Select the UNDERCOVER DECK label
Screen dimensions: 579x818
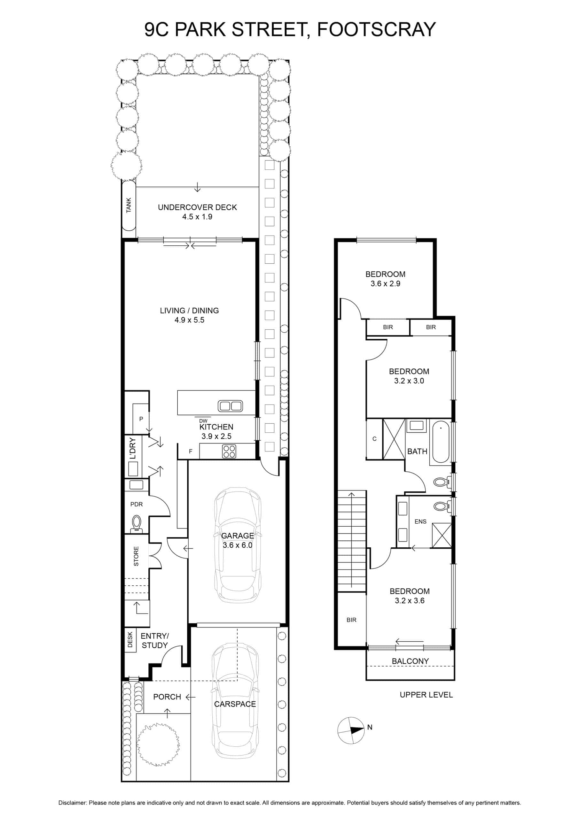[197, 207]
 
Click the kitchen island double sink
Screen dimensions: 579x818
[230, 406]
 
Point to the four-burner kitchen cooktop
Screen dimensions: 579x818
[229, 451]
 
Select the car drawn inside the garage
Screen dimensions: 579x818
[238, 545]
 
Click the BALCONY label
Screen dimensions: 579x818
[410, 661]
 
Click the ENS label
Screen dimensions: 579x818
[420, 521]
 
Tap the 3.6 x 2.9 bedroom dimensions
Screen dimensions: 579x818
[385, 284]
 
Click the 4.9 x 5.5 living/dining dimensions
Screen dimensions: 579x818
[189, 320]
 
